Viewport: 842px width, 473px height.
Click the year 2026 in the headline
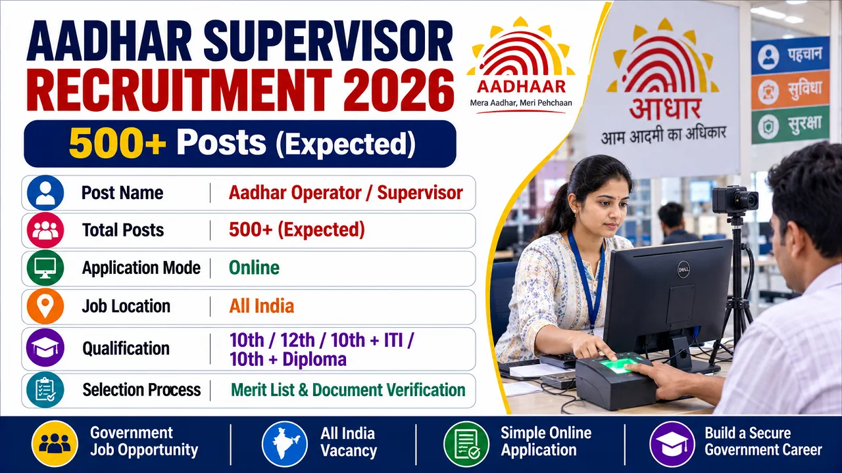[399, 91]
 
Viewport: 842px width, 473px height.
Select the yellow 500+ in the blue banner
[117, 144]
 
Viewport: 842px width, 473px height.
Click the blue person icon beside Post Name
[45, 192]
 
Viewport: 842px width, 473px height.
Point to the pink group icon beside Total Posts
[45, 230]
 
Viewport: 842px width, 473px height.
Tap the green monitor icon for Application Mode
[45, 268]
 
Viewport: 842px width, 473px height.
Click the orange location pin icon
[45, 306]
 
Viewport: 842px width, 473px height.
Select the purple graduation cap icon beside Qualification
[45, 348]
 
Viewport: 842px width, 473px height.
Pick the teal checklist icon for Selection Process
[45, 390]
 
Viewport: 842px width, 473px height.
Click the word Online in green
[254, 268]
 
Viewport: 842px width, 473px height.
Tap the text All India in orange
[262, 306]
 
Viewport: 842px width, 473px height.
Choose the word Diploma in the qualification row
[314, 359]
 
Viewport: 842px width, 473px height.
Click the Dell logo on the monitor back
[683, 269]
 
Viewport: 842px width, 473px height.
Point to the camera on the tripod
[735, 200]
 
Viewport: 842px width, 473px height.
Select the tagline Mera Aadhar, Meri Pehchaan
[521, 103]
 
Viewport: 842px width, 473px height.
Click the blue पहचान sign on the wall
[790, 56]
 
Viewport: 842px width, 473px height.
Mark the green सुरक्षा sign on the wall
[790, 125]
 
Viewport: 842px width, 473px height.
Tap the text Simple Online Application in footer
[546, 441]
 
